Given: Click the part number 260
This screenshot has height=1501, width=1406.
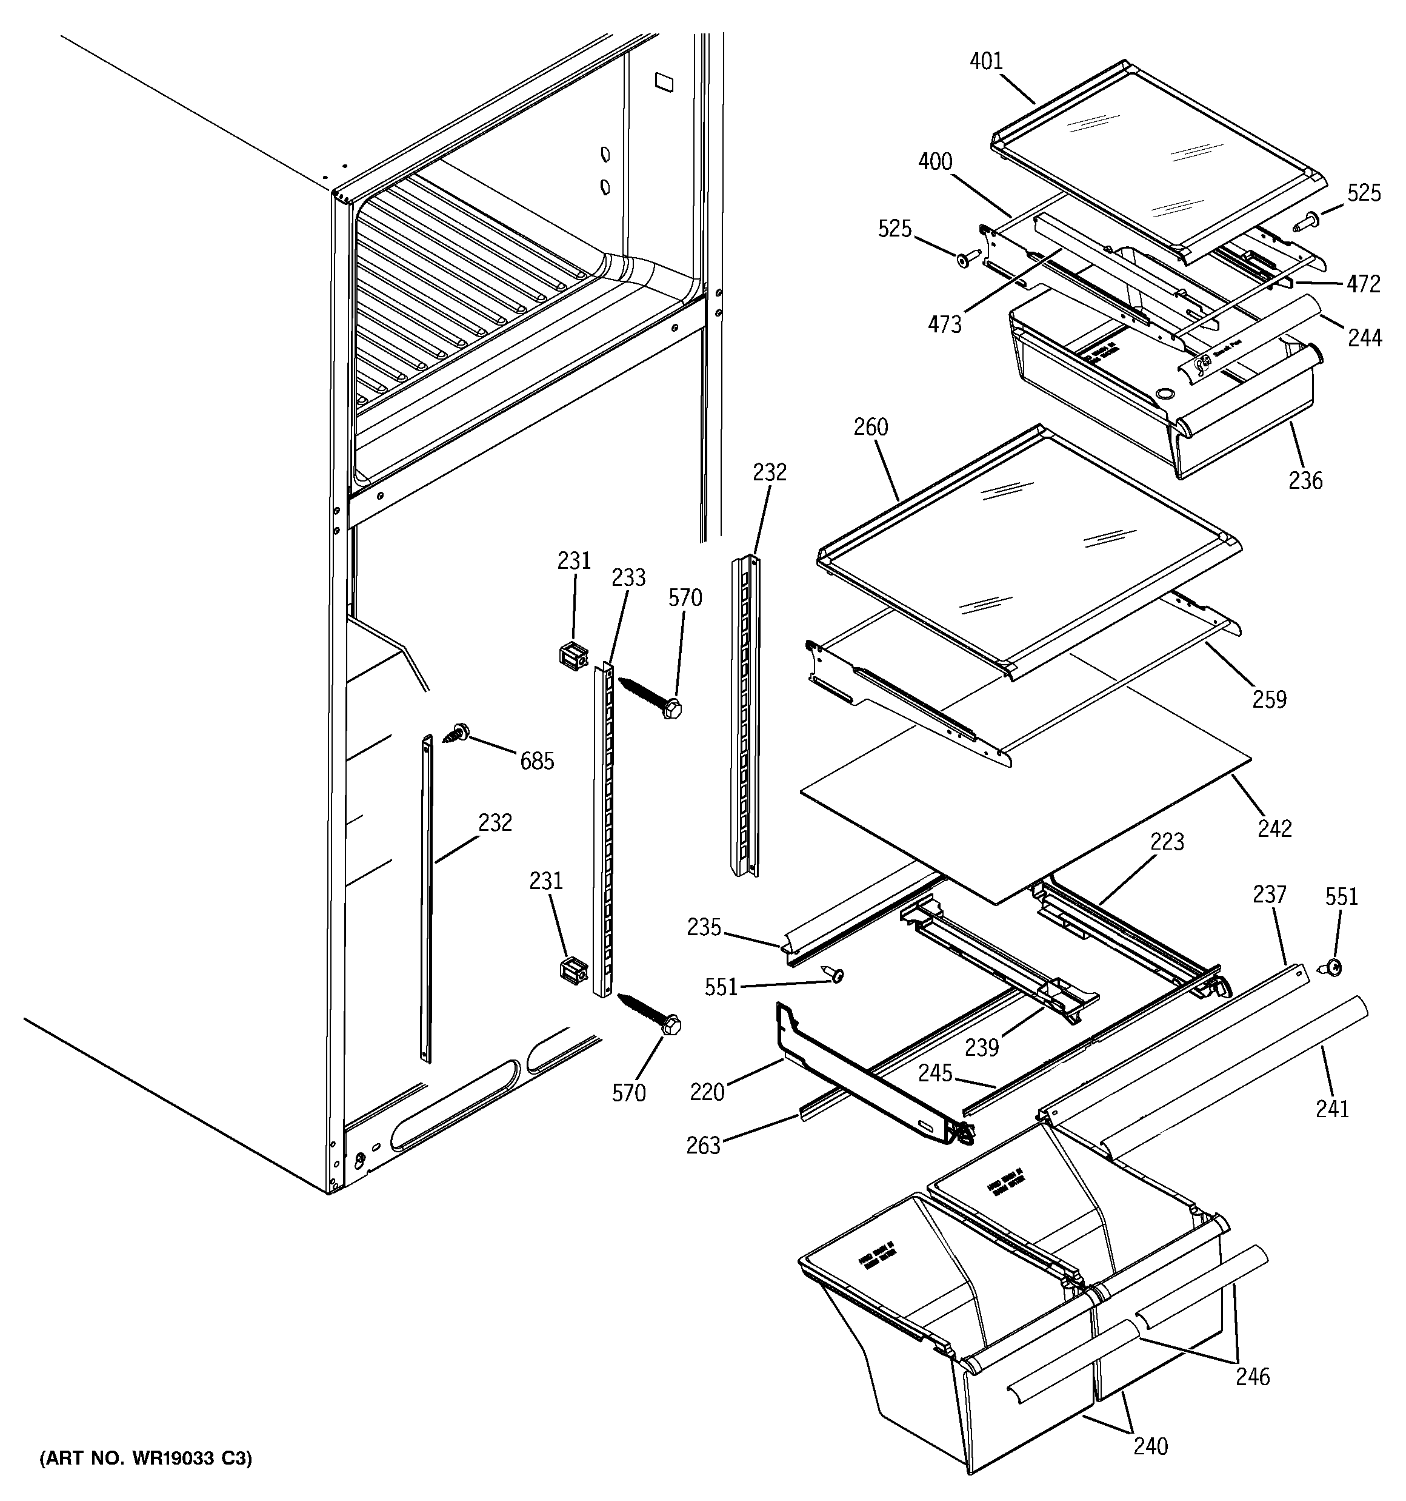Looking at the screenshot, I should coord(870,428).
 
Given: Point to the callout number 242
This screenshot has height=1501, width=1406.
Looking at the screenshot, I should coord(1274,829).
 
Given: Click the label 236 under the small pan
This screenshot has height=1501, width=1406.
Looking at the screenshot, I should coord(1305,480).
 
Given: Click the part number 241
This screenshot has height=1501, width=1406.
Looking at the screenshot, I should coord(1332,1109).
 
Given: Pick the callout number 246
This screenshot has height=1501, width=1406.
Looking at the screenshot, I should coord(1253,1377).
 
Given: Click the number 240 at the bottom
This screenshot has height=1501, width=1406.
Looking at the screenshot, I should coord(1150,1446).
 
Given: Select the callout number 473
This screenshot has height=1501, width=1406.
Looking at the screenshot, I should coord(945,324).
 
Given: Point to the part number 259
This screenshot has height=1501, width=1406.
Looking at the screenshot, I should coord(1270,699).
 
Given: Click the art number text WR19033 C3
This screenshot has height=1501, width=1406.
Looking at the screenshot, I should coord(145,1459).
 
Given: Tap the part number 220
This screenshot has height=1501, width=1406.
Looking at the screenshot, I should coord(707,1092).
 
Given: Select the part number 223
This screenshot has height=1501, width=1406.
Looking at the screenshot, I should coord(1167,842).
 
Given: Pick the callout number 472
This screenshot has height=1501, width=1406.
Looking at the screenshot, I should coord(1364,284).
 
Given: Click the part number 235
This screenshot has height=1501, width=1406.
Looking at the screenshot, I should coord(704,927).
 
